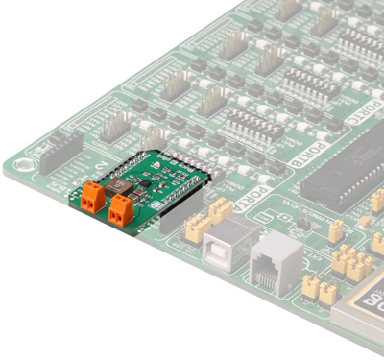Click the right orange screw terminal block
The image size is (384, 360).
point(122,209)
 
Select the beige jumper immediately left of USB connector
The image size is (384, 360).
point(198,226)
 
